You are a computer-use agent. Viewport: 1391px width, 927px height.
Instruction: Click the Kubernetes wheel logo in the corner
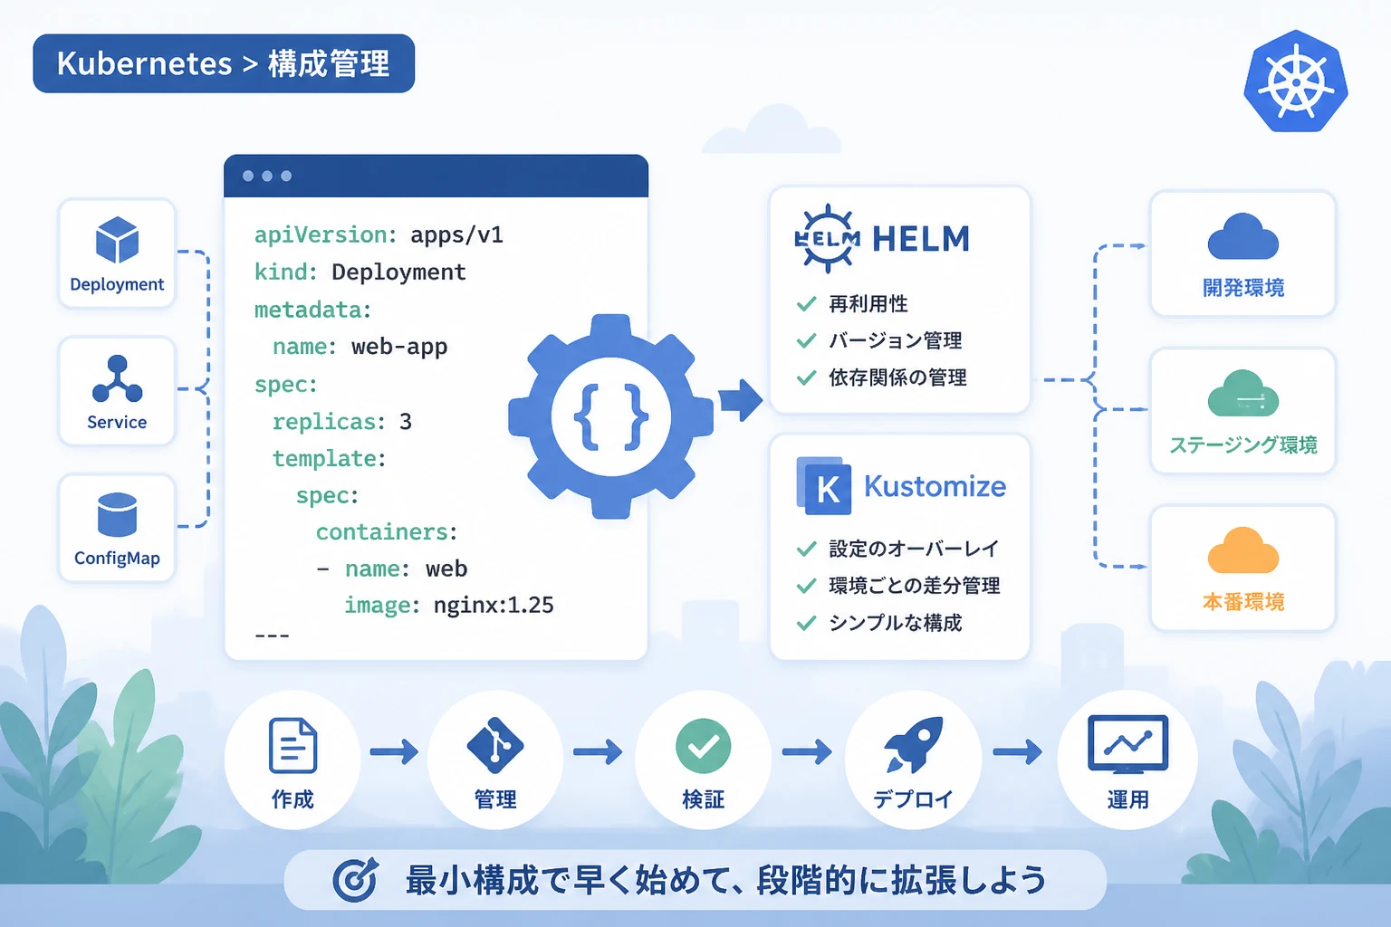[1295, 81]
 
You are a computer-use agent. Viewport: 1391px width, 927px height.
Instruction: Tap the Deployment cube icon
[117, 240]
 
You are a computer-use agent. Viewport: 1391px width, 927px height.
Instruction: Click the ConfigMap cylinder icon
[117, 514]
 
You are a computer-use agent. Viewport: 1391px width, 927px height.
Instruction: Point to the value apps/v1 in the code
[456, 235]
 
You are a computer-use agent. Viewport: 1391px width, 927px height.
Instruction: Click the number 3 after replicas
[406, 422]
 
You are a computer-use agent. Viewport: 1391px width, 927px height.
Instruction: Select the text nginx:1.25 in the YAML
[494, 605]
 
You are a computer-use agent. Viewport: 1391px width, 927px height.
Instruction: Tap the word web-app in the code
[399, 347]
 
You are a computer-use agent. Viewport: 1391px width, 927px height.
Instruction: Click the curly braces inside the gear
[611, 416]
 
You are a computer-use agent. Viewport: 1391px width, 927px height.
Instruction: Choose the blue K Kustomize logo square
[824, 486]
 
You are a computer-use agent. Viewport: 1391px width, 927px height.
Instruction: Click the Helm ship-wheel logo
[828, 238]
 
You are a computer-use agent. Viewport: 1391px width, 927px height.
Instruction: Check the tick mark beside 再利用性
[806, 303]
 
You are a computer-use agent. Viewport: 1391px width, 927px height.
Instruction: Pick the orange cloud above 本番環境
[1243, 550]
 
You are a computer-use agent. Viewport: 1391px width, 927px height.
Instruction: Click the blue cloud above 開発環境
[1243, 236]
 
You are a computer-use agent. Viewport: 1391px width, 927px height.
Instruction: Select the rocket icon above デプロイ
[912, 745]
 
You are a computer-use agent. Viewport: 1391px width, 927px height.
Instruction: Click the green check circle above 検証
[703, 746]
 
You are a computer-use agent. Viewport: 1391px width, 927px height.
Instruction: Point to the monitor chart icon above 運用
[1127, 744]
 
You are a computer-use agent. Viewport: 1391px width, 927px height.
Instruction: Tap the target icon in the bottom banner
[355, 880]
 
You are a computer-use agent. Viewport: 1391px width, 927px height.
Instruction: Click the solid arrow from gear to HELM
[741, 400]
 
